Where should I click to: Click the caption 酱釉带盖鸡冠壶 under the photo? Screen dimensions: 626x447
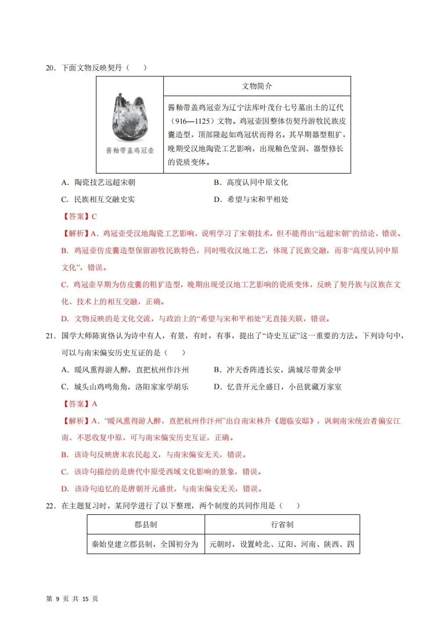[x=130, y=150]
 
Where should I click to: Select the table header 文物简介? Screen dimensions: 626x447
[x=257, y=86]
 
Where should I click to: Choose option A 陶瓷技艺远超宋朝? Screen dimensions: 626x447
[x=98, y=182]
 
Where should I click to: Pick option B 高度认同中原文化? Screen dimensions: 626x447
[x=251, y=182]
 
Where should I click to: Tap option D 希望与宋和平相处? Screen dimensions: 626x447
[x=251, y=199]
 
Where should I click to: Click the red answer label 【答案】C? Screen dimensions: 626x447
[x=79, y=216]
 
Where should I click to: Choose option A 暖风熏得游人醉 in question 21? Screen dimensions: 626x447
[x=125, y=370]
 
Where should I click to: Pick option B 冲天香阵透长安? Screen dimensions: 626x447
[x=277, y=370]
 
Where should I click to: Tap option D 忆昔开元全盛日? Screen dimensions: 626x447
[x=278, y=387]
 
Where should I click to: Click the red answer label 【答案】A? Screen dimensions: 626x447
[x=79, y=404]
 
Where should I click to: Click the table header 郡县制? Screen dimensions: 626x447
[x=146, y=525]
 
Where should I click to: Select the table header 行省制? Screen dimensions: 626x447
[x=282, y=525]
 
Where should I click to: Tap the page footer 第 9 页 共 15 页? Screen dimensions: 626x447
[x=72, y=599]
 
